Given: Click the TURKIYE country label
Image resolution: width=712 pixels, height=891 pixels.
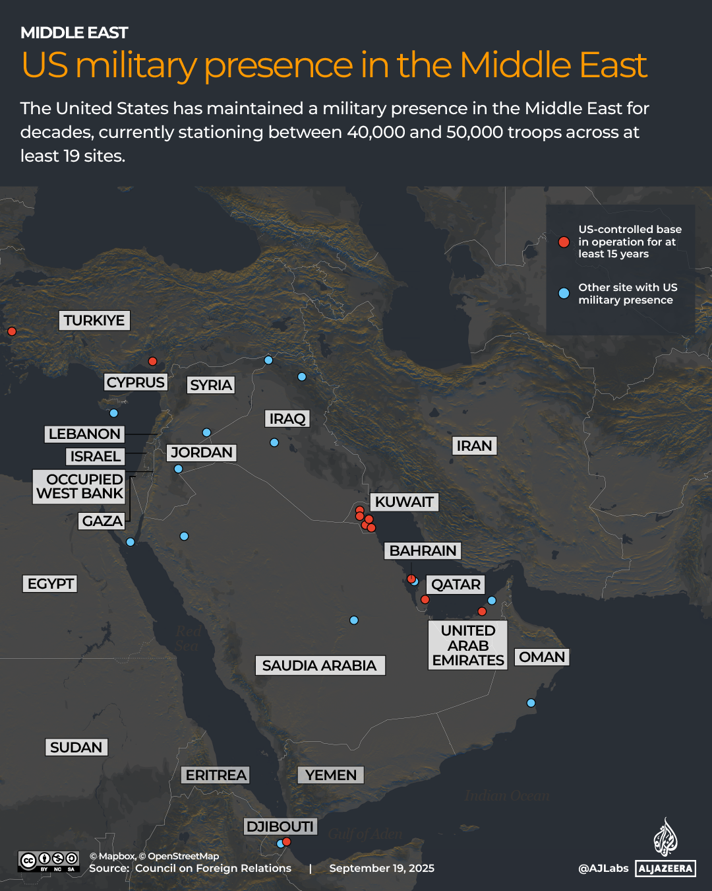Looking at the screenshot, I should (94, 321).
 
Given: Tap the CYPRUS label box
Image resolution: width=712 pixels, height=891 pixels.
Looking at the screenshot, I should (136, 383).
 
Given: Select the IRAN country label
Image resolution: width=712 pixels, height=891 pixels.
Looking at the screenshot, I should (474, 446).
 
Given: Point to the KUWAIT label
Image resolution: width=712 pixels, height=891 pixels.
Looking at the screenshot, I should (404, 502).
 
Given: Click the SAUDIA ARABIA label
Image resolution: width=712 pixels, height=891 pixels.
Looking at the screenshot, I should (319, 665).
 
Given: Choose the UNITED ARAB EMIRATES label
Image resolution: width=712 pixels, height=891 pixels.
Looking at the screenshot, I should (468, 645).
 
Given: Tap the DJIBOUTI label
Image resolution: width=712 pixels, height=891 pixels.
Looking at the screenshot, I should (280, 826).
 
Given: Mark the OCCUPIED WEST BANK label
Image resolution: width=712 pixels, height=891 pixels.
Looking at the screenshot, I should (80, 486).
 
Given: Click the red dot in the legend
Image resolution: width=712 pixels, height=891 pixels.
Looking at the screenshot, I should (564, 242).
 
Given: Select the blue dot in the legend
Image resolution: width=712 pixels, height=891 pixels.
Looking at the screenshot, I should (564, 294).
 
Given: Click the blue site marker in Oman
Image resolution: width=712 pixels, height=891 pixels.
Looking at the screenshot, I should (531, 703).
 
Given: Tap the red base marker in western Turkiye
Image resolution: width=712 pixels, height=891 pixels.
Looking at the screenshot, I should (11, 331).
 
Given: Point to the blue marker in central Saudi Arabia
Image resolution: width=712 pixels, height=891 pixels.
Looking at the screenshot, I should (354, 620).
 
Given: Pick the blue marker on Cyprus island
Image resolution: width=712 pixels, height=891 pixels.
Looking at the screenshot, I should (113, 413).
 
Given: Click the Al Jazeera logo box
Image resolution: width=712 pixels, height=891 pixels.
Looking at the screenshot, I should (666, 869).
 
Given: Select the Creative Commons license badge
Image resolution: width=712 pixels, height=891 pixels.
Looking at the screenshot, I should (49, 861).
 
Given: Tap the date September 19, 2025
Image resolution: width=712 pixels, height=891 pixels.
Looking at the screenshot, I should (382, 869).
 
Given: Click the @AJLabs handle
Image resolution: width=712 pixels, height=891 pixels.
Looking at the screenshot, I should (603, 869).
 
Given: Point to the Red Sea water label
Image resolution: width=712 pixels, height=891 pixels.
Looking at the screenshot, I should (187, 638).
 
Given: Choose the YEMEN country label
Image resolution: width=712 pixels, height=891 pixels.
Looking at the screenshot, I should (331, 775).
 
